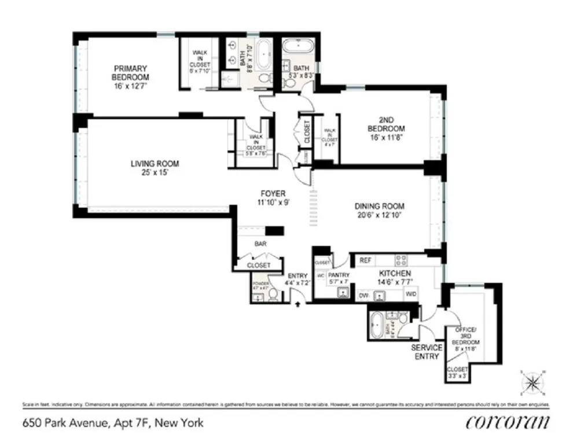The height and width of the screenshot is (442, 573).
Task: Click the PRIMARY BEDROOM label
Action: (x=130, y=72)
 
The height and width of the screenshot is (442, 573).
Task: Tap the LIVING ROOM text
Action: (x=155, y=164)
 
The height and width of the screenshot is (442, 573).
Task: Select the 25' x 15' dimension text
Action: (x=155, y=172)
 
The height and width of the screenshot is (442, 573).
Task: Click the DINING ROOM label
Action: (x=379, y=206)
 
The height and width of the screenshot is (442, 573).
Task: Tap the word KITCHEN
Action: (x=395, y=273)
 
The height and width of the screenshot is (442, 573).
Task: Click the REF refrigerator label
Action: (x=365, y=261)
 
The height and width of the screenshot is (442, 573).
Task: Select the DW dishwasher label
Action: (x=364, y=295)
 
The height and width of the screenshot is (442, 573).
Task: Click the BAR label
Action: (x=260, y=244)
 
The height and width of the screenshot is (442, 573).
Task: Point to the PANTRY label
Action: (x=339, y=275)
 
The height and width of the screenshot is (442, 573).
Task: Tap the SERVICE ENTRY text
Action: (x=427, y=352)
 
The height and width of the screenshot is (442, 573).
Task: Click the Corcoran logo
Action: (x=507, y=422)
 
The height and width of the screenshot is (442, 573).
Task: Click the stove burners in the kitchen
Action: (x=401, y=260)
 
